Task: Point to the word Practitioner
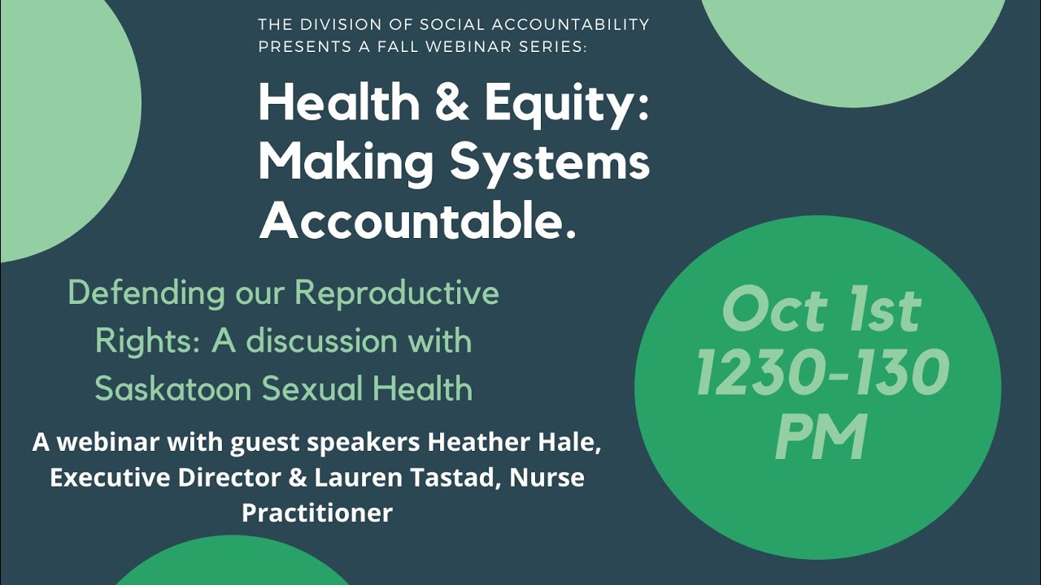pyautogui.click(x=317, y=513)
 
